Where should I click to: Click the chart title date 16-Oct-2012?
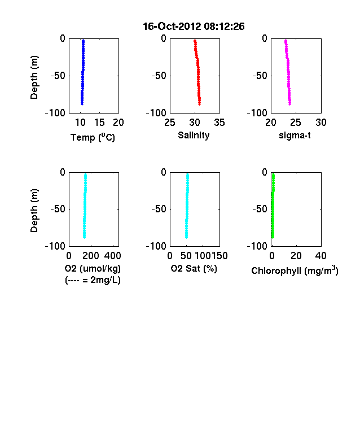172,27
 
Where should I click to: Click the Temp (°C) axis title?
93,137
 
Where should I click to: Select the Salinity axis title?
194,136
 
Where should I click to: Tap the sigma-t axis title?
295,136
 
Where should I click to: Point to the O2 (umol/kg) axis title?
93,268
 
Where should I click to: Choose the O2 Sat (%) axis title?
194,268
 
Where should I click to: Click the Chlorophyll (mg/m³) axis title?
295,271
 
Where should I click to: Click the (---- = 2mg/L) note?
93,280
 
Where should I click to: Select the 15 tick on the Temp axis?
99,123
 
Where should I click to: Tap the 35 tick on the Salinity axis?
219,123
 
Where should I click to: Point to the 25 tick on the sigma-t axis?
296,123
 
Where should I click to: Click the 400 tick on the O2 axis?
112,256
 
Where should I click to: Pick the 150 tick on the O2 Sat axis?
219,256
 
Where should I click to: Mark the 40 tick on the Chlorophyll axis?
321,256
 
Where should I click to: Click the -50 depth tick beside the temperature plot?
58,76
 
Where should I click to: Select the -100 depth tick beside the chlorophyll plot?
257,246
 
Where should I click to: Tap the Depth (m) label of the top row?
34,77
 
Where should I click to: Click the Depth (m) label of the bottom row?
34,211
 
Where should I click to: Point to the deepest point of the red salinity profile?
200,104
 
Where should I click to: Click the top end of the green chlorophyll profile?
274,174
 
